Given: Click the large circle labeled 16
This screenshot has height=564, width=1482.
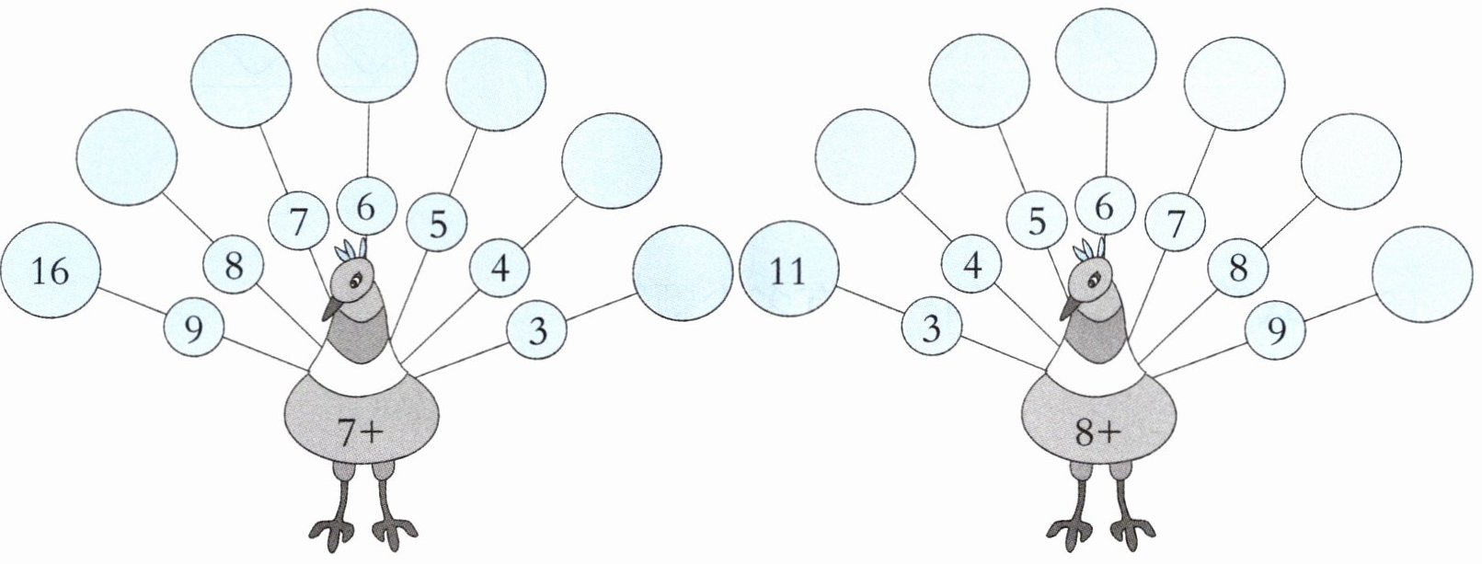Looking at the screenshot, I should (50, 271).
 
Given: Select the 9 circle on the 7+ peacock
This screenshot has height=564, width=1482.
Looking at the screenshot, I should (193, 328).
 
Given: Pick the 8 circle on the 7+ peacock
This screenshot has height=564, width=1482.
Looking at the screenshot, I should (233, 267).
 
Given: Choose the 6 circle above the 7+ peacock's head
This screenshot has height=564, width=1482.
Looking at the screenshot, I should (366, 208).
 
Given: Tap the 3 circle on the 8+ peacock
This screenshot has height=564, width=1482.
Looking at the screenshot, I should (932, 328).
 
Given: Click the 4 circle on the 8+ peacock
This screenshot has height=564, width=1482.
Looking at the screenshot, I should (971, 267).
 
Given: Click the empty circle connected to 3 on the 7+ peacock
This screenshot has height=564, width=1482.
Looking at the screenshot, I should (683, 273).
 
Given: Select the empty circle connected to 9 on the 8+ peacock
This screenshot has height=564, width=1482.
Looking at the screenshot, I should (1421, 273).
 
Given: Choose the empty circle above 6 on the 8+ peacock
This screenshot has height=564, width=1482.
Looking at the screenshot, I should (1107, 56).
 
